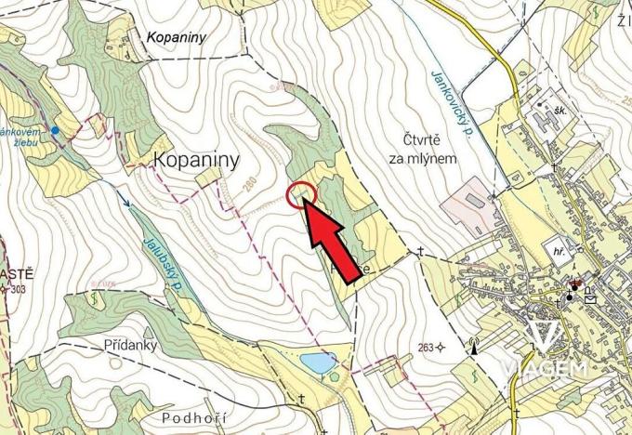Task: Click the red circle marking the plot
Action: click(303, 195)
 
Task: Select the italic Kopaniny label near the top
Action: click(176, 37)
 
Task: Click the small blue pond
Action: click(316, 362)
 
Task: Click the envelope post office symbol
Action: click(590, 298)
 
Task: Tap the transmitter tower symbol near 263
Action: click(473, 348)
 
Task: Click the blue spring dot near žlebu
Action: click(56, 130)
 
